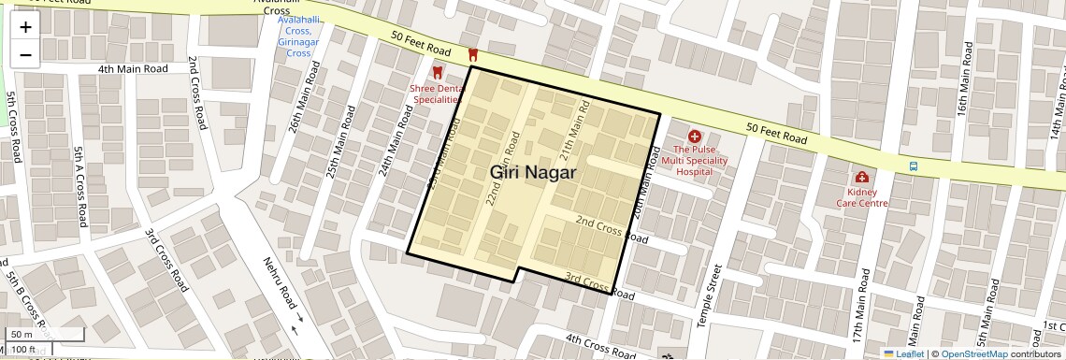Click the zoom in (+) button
pyautogui.click(x=25, y=27)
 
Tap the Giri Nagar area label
pyautogui.click(x=533, y=173)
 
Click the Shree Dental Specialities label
pyautogui.click(x=436, y=94)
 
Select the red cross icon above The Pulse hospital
pyautogui.click(x=695, y=137)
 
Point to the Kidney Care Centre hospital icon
pyautogui.click(x=861, y=178)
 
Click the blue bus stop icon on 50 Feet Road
pyautogui.click(x=913, y=166)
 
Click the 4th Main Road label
pyautogui.click(x=133, y=69)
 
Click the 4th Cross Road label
pyautogui.click(x=599, y=343)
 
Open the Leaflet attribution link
pyautogui.click(x=903, y=353)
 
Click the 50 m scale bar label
pyautogui.click(x=21, y=335)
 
